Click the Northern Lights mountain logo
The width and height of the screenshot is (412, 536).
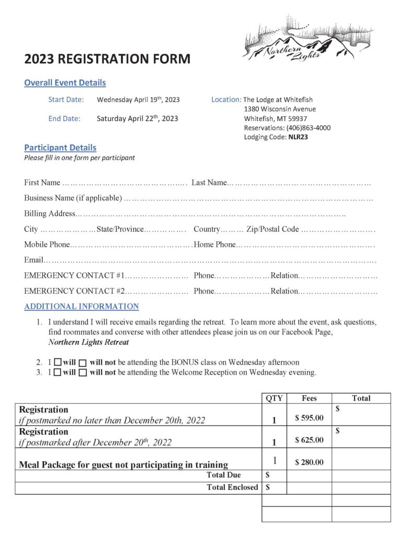300,40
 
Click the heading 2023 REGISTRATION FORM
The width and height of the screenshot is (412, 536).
107,59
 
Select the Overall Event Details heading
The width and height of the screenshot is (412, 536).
65,83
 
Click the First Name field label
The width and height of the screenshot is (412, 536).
42,183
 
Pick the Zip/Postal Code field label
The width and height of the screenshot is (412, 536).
272,229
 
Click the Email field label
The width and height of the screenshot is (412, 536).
33,260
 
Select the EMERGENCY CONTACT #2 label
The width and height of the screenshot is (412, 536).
74,291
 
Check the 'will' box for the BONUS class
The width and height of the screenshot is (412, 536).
58,362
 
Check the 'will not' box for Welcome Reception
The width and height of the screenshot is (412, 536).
83,373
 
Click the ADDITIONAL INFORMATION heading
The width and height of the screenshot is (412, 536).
82,306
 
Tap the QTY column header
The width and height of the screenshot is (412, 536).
274,398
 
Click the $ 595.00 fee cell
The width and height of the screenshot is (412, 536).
309,418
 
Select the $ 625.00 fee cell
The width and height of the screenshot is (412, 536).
309,440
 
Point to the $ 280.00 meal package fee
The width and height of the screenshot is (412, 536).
309,462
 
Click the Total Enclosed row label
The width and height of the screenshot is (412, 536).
232,487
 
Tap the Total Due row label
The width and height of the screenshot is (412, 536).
224,475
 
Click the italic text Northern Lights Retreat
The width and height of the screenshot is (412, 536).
88,342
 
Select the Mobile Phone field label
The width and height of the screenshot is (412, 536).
47,244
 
